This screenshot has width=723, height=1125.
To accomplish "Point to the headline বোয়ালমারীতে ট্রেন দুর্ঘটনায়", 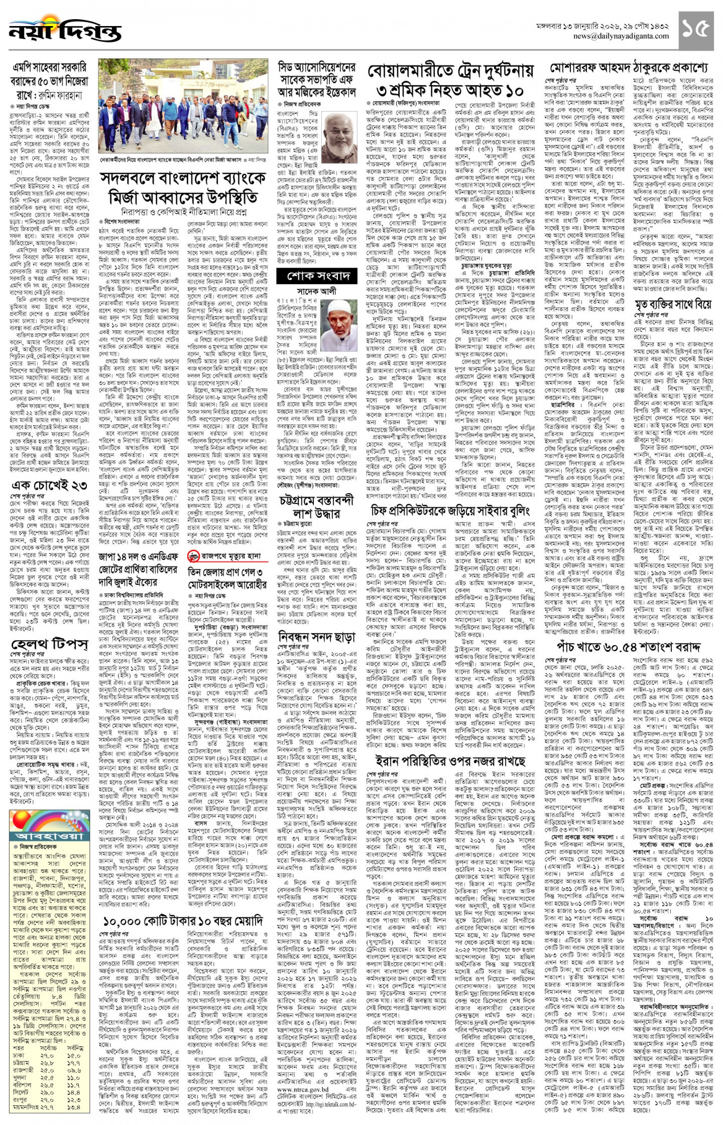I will [x=451, y=71].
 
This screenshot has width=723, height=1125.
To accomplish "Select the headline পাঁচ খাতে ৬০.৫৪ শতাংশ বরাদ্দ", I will [x=628, y=647].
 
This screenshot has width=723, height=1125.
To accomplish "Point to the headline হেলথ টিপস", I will [x=49, y=644].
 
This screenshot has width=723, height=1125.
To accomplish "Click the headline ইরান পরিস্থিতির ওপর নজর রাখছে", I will [x=450, y=760].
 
